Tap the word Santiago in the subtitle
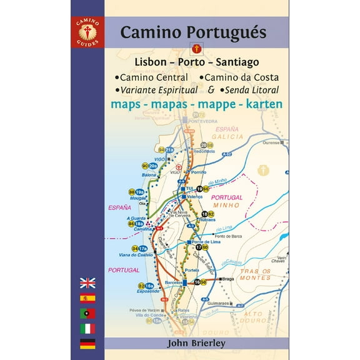tap(238, 62)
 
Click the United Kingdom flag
tap(87, 282)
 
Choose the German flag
tap(87, 342)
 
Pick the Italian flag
tap(87, 327)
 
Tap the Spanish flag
tap(87, 297)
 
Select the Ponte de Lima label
tap(206, 242)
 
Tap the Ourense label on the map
tap(269, 141)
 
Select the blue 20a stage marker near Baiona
tap(153, 166)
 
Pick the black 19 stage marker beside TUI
tap(199, 189)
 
